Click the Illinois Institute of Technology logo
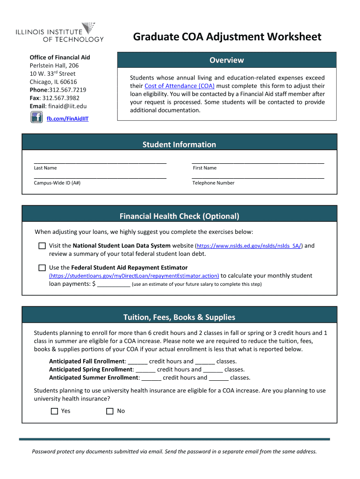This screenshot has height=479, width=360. [60, 33]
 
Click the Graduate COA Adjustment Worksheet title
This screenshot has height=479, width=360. [227, 36]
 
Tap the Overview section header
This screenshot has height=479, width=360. [226, 60]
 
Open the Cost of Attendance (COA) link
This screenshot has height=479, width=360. [180, 86]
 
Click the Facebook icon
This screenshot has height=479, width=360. [36, 117]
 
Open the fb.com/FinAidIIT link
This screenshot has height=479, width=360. [67, 119]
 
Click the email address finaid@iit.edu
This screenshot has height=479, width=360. [67, 106]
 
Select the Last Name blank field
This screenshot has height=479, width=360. [100, 160]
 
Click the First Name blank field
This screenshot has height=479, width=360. [258, 160]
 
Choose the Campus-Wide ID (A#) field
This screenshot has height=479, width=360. [100, 176]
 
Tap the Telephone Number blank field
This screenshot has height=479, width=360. [258, 176]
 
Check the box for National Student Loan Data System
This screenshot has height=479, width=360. [42, 246]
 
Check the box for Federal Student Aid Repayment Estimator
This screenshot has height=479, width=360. [42, 268]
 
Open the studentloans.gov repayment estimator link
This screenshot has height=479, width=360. [134, 276]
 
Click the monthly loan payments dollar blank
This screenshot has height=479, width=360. [114, 284]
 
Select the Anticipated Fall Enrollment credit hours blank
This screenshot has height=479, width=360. [137, 362]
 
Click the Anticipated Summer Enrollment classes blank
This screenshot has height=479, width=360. [218, 378]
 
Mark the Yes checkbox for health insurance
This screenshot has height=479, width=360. [54, 411]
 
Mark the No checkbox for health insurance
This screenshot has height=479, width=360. [110, 411]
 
